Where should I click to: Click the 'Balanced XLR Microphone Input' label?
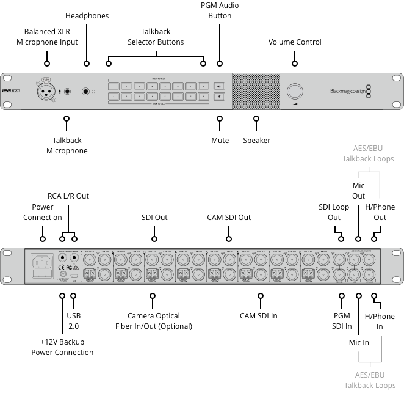tap(51, 37)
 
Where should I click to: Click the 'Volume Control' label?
tap(295, 42)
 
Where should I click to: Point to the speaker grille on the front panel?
tap(256, 92)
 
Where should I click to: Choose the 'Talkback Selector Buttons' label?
tap(156, 37)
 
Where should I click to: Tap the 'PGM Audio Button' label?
tap(220, 10)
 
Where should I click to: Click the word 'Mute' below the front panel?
tap(220, 141)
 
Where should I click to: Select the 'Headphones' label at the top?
tap(87, 15)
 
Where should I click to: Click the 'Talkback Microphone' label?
tap(67, 145)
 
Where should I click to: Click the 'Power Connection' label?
tap(43, 212)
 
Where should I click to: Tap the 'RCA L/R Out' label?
tap(69, 196)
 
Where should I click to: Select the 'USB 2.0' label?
tap(73, 321)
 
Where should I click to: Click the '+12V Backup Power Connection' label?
tap(62, 347)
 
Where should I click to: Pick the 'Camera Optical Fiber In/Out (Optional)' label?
tap(154, 321)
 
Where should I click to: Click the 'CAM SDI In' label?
tap(259, 316)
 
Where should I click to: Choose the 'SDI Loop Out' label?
tap(334, 212)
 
